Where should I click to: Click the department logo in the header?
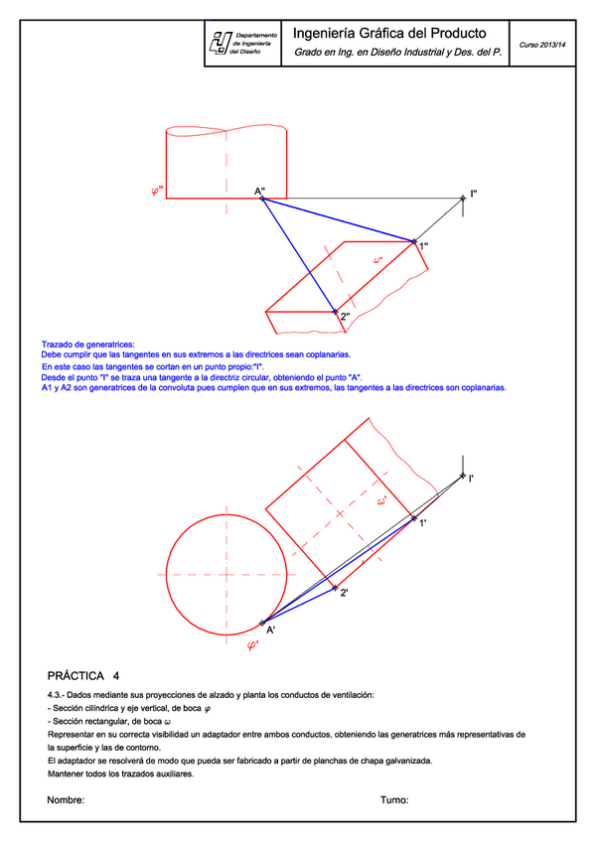coord(219,44)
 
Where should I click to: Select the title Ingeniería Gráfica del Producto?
coord(395,33)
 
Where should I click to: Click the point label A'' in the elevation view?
coord(258,191)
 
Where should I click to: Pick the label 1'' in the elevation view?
coord(423,246)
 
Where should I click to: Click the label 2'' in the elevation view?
coord(345,318)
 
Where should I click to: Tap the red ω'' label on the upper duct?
coord(377,261)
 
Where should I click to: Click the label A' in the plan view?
coord(270,630)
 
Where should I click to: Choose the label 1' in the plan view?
coord(423,522)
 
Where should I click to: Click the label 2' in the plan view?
coord(343,593)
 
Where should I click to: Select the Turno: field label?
coord(395,799)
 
